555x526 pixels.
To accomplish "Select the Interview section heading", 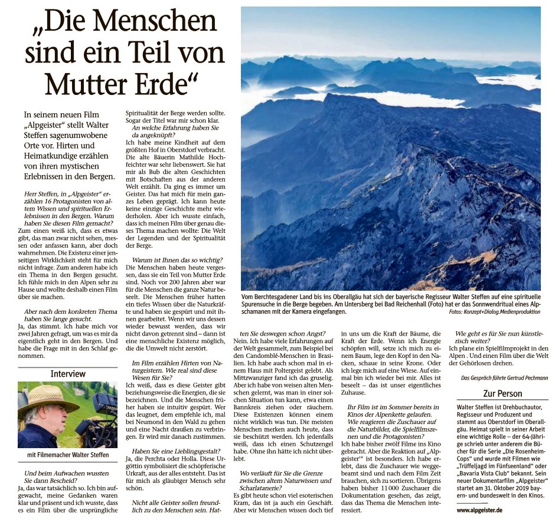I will coord(68,374).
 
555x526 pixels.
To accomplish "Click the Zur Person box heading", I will coord(502,393).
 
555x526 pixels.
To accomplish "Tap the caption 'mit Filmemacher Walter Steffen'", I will coord(68,455).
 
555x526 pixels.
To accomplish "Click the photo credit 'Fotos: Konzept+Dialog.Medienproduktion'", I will coord(494,311).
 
